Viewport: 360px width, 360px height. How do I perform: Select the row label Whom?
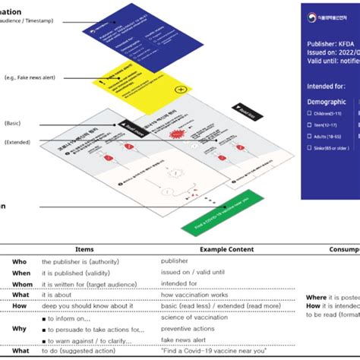(x=22, y=285)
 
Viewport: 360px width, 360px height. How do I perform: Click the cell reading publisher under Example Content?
(x=176, y=261)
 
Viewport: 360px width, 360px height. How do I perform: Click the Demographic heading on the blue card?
(x=327, y=101)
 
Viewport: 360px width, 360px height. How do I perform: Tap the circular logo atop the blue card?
(x=311, y=18)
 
